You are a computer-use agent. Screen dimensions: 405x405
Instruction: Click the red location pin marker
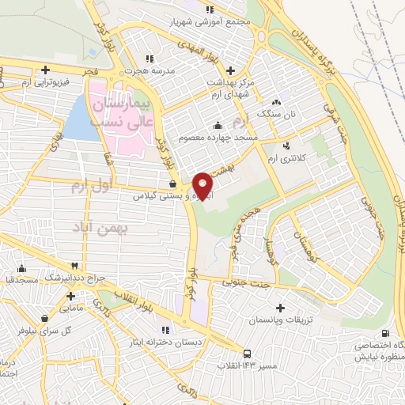[x=203, y=185]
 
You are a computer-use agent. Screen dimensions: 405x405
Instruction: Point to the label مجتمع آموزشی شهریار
[x=210, y=22]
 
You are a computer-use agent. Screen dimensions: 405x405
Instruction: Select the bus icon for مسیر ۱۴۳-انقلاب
[x=248, y=354]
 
